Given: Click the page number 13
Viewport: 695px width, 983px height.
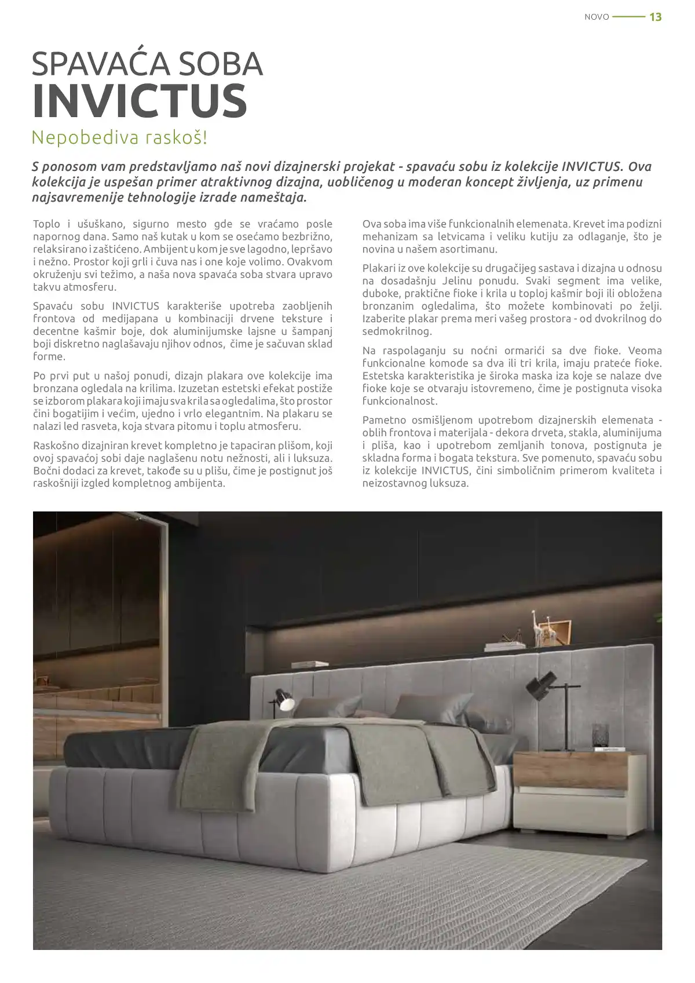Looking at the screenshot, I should click(655, 17).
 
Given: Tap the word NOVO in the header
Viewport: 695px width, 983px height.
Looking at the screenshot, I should click(597, 17).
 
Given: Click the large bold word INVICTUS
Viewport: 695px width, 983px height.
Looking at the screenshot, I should click(140, 101).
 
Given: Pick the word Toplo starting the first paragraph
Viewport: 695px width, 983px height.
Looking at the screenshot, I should click(45, 224).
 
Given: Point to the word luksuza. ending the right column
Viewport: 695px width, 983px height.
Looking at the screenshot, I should click(449, 483).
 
